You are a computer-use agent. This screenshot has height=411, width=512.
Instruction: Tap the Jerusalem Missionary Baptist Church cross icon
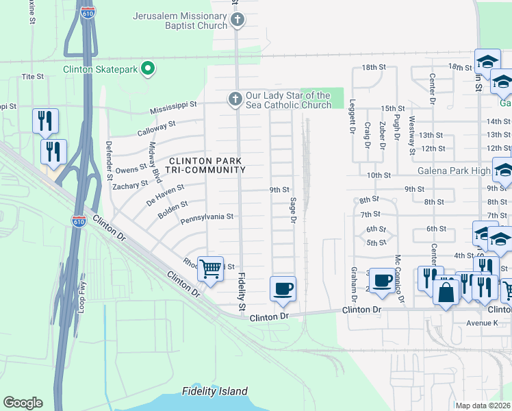click(236, 21)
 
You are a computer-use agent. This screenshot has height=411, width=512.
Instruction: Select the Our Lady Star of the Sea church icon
click(235, 100)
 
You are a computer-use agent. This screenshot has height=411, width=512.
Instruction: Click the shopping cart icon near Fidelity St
click(211, 269)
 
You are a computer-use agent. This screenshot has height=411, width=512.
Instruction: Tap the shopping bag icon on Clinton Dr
click(446, 292)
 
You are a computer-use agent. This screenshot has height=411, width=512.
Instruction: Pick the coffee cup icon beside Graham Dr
click(383, 281)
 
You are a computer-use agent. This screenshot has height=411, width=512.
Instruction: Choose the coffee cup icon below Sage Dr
click(283, 289)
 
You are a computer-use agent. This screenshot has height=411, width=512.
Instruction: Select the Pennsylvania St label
click(207, 216)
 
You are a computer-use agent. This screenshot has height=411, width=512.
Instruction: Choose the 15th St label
click(393, 108)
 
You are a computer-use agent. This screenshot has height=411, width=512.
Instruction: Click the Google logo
click(23, 402)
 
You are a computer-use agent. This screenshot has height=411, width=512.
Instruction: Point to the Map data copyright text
click(483, 406)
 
